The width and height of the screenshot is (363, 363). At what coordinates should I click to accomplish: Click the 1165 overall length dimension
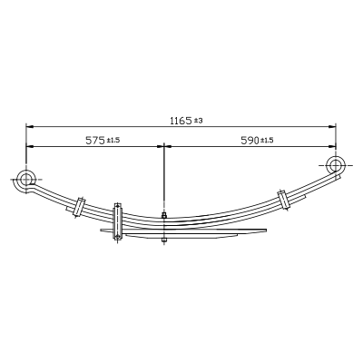pyautogui.click(x=181, y=121)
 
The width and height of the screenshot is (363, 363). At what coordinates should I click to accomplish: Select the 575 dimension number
pyautogui.click(x=95, y=141)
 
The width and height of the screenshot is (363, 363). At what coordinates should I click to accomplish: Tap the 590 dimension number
pyautogui.click(x=250, y=141)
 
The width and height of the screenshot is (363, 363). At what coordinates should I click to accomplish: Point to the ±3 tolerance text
pyautogui.click(x=198, y=121)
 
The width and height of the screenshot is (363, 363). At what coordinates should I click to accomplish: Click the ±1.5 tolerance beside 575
pyautogui.click(x=113, y=140)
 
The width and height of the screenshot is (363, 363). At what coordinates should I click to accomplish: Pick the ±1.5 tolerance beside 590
pyautogui.click(x=267, y=140)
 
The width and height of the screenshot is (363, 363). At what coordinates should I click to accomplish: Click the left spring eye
pyautogui.click(x=25, y=180)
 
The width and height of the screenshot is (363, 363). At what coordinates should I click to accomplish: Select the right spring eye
pyautogui.click(x=335, y=165)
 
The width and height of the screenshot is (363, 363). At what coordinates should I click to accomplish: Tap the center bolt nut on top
pyautogui.click(x=163, y=215)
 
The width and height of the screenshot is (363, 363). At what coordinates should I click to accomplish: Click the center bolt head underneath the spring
pyautogui.click(x=163, y=240)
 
